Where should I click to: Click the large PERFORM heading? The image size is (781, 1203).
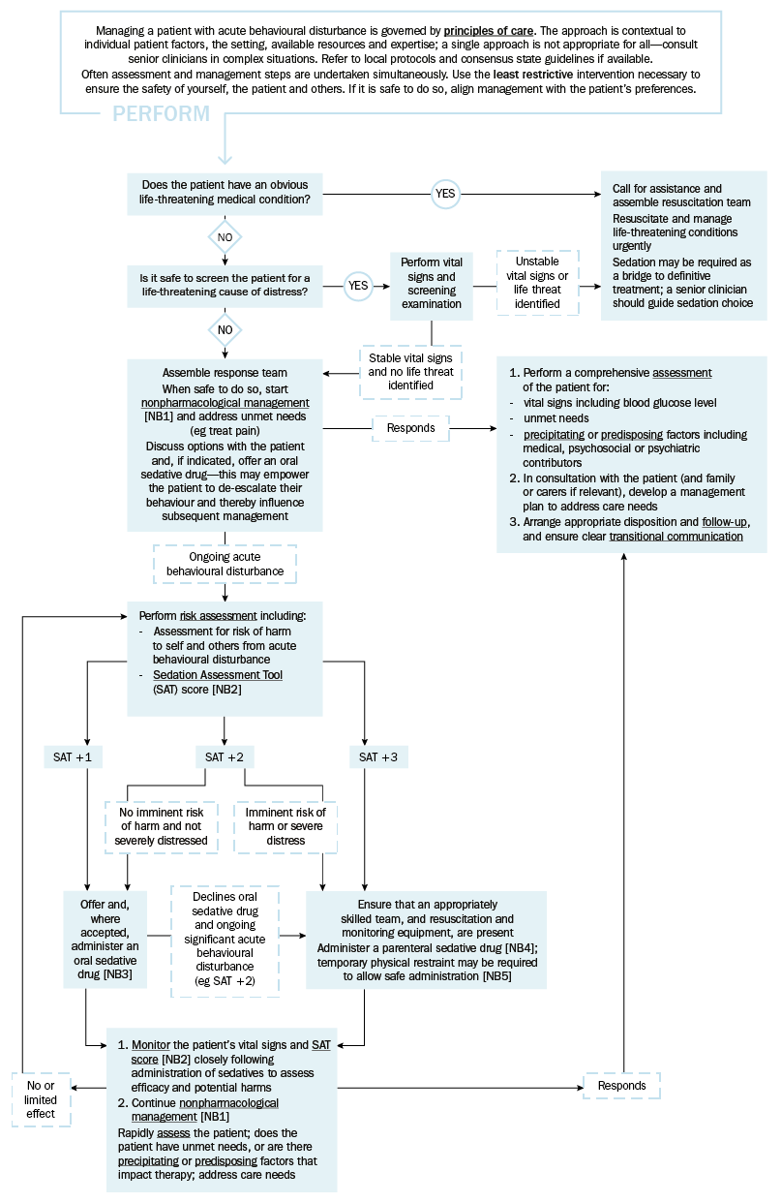coord(161,114)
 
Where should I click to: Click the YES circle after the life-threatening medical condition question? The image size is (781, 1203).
coord(445,194)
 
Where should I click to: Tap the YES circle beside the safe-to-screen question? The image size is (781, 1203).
coord(358,286)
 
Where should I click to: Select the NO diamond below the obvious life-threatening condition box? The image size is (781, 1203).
coord(225,237)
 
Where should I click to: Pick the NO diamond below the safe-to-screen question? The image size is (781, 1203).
coord(225,329)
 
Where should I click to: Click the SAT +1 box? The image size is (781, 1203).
coord(73,757)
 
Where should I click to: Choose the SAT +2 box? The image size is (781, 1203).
coord(225,757)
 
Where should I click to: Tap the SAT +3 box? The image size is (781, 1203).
coord(378,757)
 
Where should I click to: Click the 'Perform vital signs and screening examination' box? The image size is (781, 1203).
coord(431,287)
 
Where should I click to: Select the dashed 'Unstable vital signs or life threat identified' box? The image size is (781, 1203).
coord(537,283)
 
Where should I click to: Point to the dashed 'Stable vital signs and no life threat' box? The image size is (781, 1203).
coord(410,372)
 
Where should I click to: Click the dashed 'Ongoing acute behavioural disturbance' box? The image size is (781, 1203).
coord(225,564)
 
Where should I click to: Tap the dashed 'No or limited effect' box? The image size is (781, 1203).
coord(41,1099)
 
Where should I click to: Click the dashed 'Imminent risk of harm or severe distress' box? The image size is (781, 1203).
coord(285,826)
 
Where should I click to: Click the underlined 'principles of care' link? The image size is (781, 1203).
coord(489,31)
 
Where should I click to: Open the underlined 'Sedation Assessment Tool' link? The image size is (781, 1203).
coord(218,674)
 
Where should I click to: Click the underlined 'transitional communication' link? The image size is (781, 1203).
coord(676,536)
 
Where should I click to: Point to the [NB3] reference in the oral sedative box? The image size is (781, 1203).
coord(117,973)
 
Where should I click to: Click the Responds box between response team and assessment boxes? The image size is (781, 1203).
coord(410,428)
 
